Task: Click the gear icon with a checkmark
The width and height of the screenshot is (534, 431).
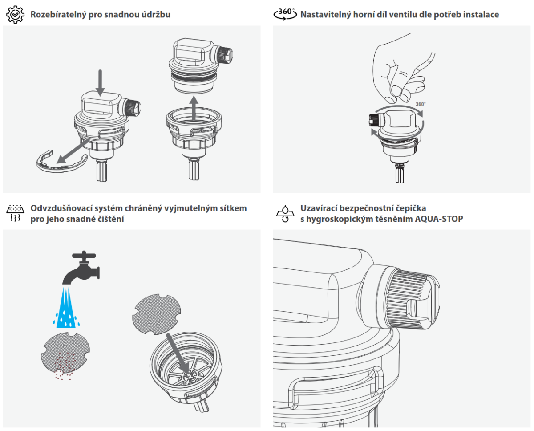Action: click(x=15, y=15)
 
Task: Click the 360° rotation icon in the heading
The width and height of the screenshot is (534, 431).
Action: click(x=285, y=14)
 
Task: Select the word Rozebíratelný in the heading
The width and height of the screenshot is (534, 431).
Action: click(x=58, y=15)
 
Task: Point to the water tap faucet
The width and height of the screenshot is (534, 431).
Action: click(x=81, y=268)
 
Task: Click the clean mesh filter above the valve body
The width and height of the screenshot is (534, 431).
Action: click(x=156, y=314)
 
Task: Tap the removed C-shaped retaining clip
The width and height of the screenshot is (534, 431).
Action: click(x=62, y=163)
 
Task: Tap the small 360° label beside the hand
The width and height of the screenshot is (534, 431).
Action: click(x=421, y=104)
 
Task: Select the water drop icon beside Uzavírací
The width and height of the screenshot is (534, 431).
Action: click(x=285, y=213)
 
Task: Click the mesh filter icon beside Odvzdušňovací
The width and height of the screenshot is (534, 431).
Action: click(x=15, y=213)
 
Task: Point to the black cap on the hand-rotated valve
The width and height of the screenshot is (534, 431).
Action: click(x=376, y=120)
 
